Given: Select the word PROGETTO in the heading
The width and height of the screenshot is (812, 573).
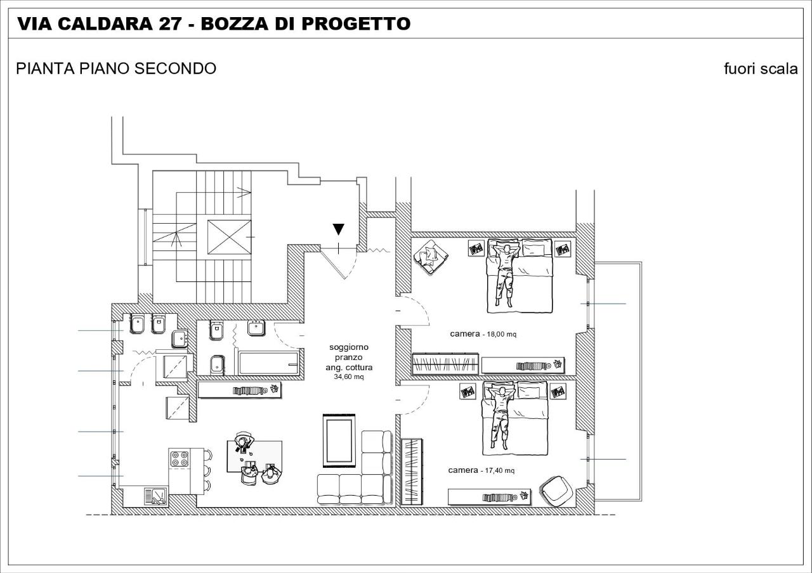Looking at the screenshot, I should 356,24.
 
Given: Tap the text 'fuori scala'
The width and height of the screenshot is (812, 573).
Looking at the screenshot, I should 761,68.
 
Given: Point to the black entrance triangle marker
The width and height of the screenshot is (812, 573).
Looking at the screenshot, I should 339,229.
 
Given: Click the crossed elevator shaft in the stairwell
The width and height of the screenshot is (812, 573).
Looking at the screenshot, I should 229,236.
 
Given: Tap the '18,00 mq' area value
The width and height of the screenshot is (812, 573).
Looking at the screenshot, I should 502,334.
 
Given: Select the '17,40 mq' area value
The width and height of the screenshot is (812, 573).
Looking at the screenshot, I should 500,470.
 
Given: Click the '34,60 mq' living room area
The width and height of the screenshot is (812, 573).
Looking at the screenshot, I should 349,377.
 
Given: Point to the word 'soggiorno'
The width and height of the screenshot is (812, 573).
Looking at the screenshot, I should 349,347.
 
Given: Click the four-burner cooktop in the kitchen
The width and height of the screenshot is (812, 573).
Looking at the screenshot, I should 180,458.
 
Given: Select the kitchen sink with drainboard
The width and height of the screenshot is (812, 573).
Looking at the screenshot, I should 155,495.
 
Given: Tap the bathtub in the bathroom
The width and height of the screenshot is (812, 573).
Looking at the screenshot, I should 268,363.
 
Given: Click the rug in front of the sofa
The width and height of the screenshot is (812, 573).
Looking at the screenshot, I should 339,441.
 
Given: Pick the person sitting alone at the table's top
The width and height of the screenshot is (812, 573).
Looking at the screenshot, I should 243,442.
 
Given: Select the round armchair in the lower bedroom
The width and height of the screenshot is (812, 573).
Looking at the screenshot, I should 556,489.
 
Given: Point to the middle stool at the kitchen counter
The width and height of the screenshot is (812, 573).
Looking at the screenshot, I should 207,470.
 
